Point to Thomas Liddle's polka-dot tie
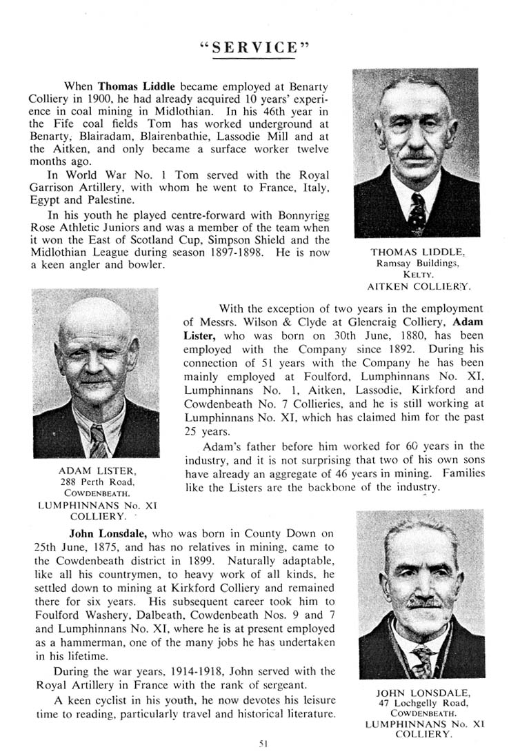click(416, 212)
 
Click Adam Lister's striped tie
click(98, 439)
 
